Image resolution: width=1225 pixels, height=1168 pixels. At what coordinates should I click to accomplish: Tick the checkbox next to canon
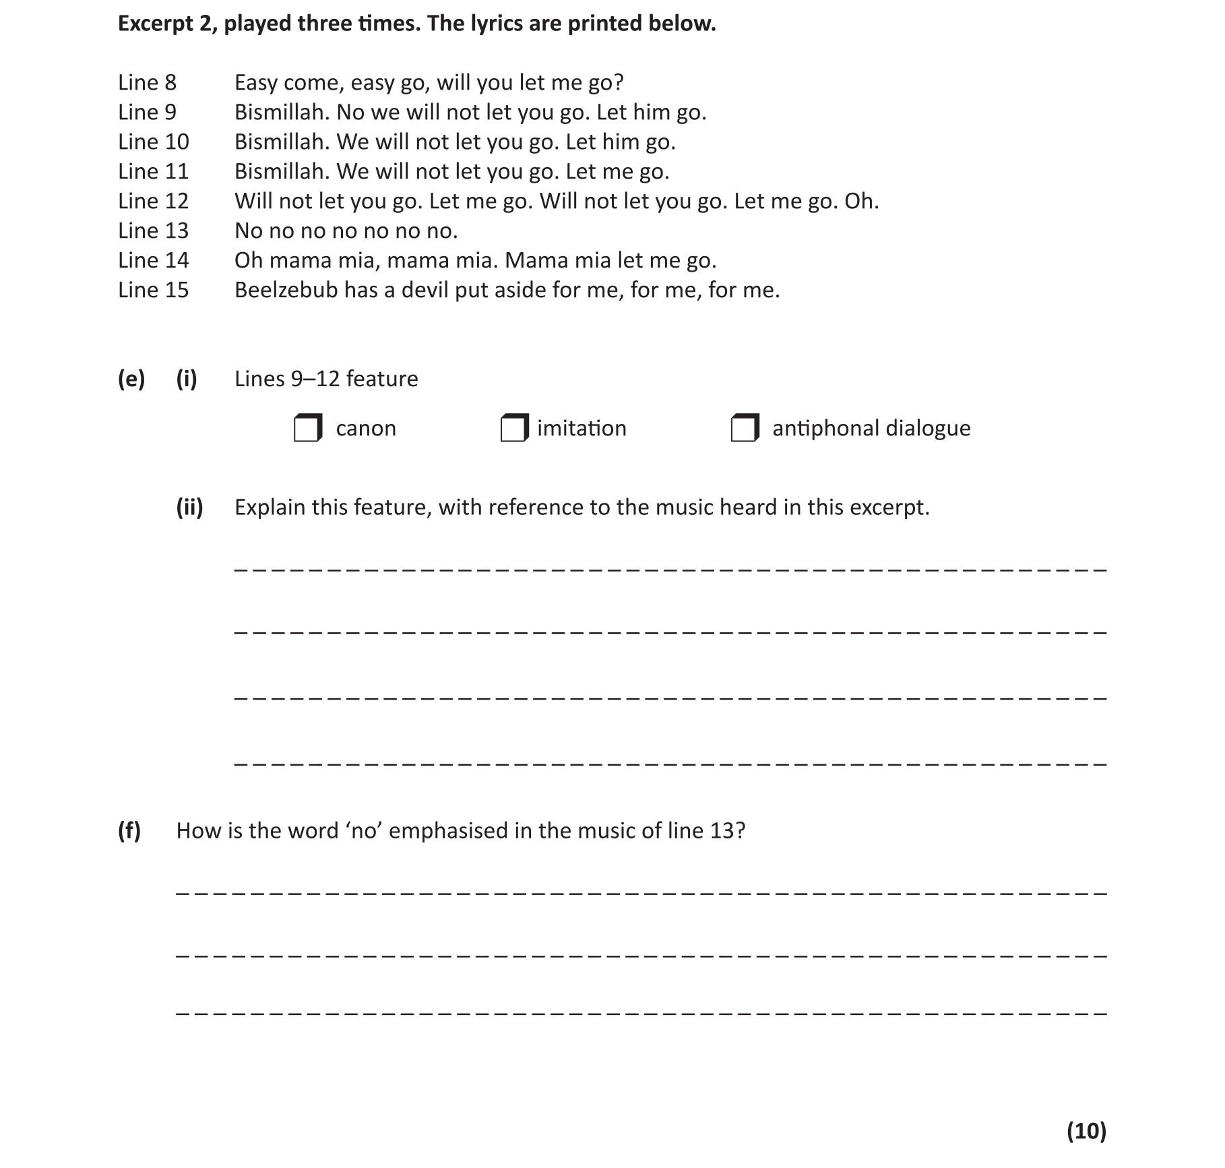(307, 428)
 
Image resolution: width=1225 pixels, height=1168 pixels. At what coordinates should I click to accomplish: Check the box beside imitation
(514, 428)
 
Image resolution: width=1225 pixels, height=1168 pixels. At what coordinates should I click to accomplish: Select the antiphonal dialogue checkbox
(745, 428)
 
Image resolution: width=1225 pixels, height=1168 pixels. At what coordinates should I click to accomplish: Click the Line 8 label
(147, 82)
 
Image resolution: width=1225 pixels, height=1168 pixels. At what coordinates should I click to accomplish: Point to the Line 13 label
(153, 230)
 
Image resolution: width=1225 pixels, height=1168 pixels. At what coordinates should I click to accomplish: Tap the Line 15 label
(153, 290)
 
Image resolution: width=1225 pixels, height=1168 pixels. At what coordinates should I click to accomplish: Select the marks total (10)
(1086, 1130)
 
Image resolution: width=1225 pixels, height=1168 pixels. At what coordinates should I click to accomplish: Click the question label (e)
(131, 379)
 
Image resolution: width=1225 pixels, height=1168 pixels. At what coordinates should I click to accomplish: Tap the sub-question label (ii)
(189, 507)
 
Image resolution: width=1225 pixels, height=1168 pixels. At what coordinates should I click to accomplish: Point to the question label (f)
(129, 830)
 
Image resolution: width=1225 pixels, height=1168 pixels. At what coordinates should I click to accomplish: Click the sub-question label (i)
(187, 379)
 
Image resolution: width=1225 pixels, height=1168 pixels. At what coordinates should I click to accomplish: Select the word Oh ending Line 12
(861, 201)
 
